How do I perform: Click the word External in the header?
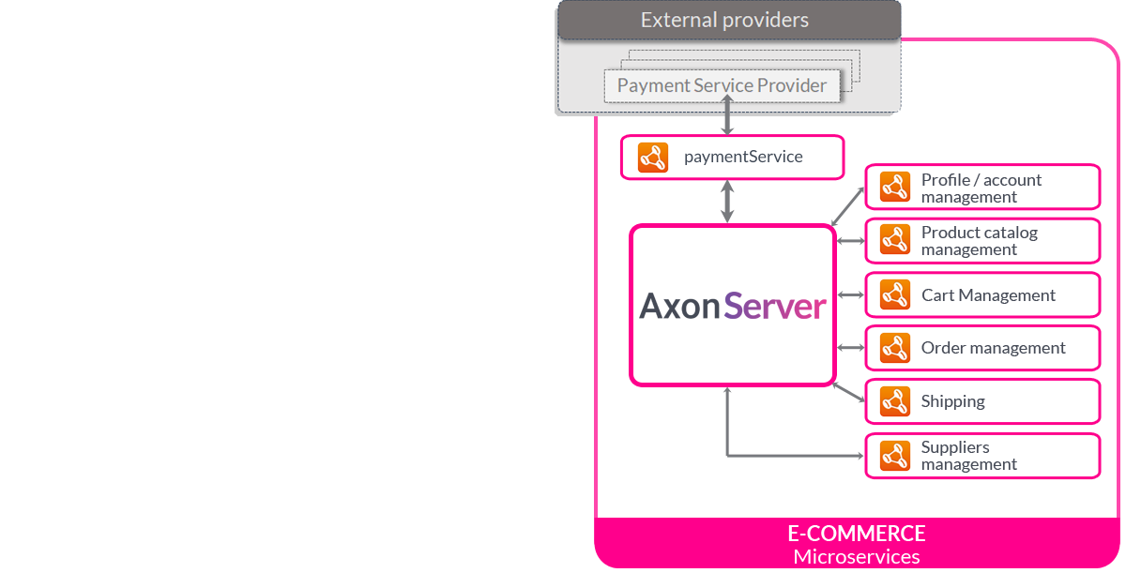674,20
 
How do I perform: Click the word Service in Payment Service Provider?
723,85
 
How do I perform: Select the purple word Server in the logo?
776,307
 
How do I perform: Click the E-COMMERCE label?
856,534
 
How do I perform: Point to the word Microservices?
856,556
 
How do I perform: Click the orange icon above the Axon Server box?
653,158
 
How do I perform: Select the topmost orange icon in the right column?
895,187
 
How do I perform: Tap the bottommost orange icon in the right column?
895,456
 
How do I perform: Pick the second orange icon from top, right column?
895,239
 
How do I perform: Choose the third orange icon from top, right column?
895,294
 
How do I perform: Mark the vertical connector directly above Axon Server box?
727,202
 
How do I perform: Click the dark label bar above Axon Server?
743,158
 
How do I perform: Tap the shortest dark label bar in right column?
952,402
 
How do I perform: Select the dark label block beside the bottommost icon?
968,456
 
